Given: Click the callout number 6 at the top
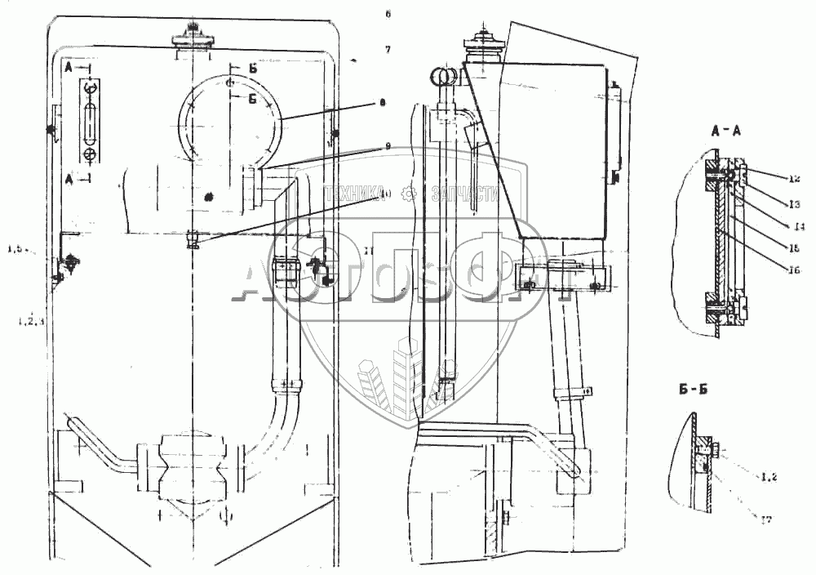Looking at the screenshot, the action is tap(388, 14).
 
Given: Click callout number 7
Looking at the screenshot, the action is tap(388, 50).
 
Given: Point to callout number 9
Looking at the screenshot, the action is tap(388, 146).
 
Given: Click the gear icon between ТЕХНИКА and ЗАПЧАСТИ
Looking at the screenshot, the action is tap(411, 194).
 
